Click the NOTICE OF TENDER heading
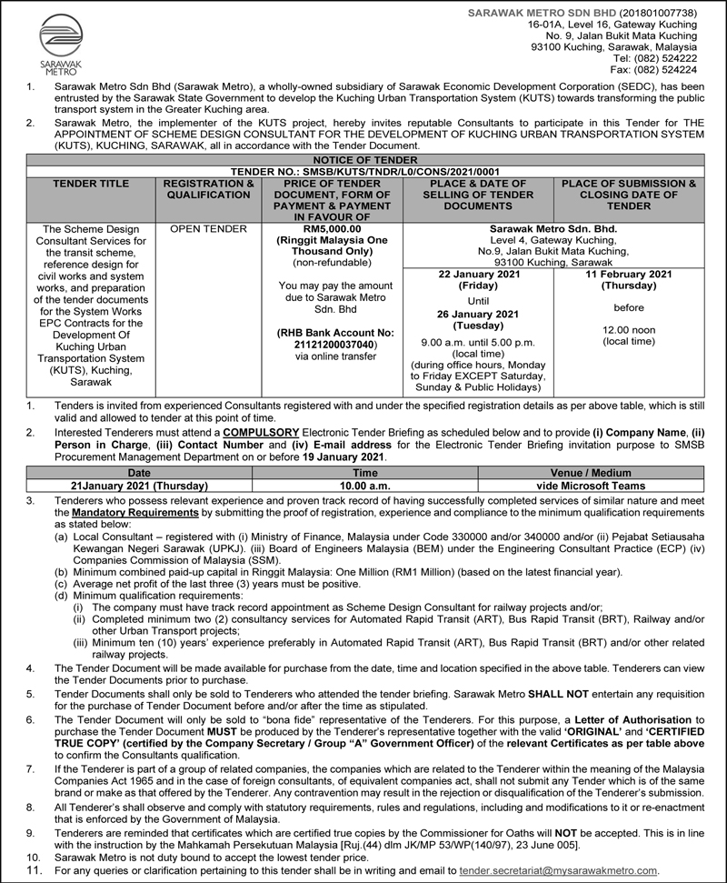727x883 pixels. (363, 160)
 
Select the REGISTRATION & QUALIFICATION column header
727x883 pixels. (208, 189)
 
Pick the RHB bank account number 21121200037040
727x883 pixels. (324, 345)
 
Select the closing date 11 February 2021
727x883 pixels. (628, 274)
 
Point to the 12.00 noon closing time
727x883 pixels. (628, 330)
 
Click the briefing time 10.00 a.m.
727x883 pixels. (365, 487)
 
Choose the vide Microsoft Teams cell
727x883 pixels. (592, 487)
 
